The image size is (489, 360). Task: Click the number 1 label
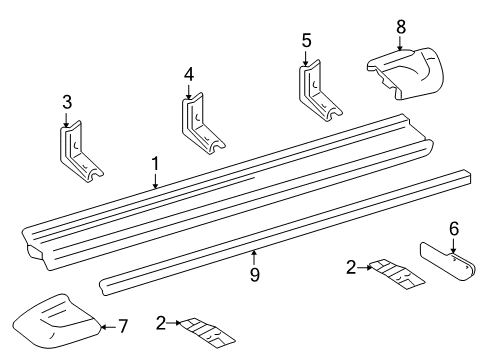155,163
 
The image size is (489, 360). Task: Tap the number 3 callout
67,102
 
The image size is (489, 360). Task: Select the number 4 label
187,74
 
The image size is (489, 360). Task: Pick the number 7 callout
125,326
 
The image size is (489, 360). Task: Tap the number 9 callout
255,273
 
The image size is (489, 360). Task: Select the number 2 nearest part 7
159,322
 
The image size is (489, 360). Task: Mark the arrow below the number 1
155,181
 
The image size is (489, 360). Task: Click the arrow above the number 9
255,256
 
